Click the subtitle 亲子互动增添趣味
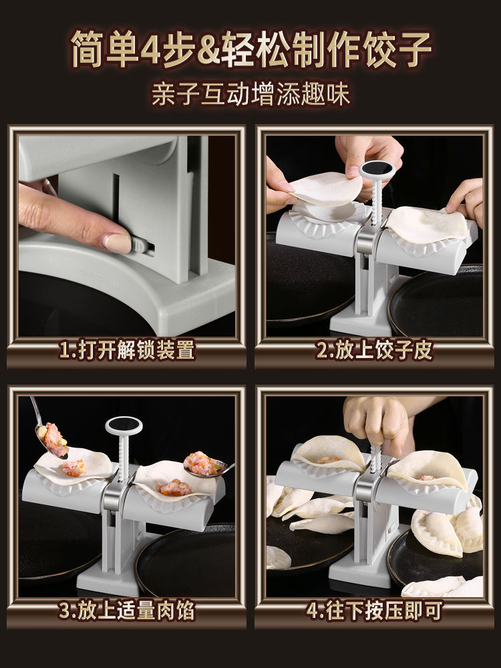click(251, 94)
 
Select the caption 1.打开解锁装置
click(127, 350)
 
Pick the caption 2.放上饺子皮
click(375, 350)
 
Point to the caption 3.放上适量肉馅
click(127, 611)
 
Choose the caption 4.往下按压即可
click(375, 611)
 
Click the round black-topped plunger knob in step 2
click(377, 170)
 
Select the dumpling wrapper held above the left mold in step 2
click(326, 189)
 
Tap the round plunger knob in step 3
click(124, 426)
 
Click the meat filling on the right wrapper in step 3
click(174, 488)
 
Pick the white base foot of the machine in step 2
click(362, 323)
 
